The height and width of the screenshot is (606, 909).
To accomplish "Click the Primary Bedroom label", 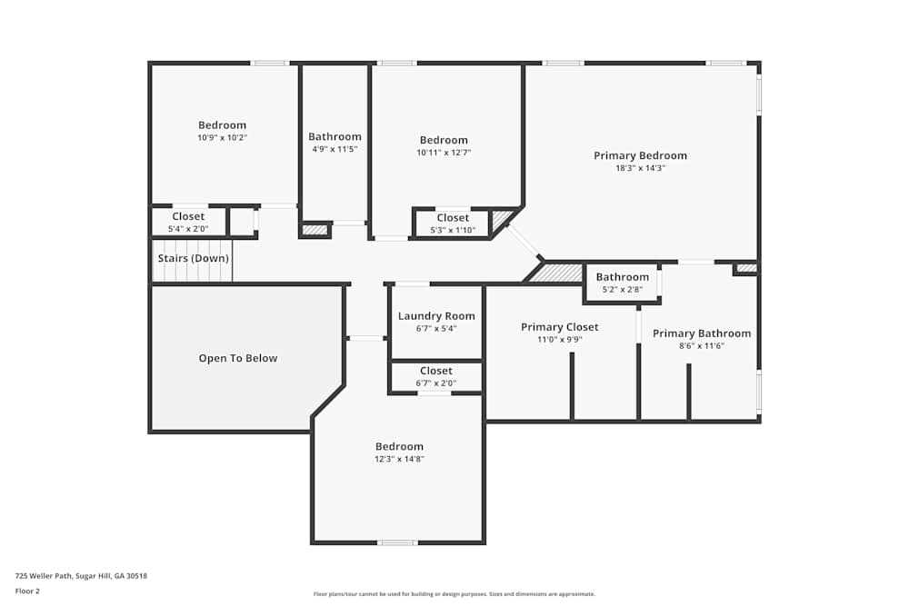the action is (640, 155).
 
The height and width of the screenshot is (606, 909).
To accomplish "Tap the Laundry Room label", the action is (436, 316).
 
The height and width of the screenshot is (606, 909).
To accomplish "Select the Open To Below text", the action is (237, 358).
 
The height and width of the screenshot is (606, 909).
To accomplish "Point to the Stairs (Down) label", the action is (193, 258).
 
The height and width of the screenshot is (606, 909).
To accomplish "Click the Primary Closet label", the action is (559, 327).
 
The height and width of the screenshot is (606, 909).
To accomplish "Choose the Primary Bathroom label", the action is (702, 333).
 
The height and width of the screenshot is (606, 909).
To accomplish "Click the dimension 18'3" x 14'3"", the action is (640, 168).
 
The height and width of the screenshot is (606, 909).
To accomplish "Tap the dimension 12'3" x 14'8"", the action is (399, 459).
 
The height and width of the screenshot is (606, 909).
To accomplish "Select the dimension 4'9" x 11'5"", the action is (335, 149).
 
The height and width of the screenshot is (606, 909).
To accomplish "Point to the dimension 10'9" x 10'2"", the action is (222, 137).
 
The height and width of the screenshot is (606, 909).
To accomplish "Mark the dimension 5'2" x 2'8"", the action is (622, 289).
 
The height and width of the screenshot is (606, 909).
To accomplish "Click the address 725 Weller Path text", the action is (81, 576).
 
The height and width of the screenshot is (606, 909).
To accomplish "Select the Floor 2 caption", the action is (27, 591).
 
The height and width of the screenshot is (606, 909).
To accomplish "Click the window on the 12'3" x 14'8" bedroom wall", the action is (398, 542).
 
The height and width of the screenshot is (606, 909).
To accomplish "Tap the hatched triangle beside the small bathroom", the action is (554, 273).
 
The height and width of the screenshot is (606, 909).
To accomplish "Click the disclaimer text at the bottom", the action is (454, 594).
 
